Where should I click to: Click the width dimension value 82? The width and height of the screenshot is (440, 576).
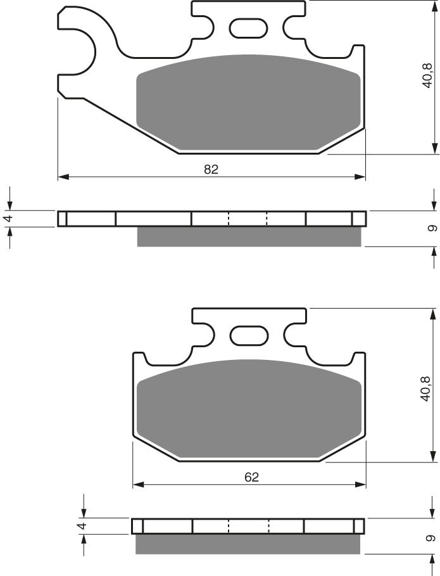tap(211, 169)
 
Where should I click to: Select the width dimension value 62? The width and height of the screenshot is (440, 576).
tap(251, 477)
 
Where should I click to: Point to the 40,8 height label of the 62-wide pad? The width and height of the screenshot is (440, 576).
tap(426, 387)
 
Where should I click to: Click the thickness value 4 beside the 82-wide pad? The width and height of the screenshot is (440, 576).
tap(8, 218)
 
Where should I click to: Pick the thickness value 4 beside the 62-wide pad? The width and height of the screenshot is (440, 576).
tap(81, 525)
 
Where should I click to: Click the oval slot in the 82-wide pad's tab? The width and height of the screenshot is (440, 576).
tap(248, 28)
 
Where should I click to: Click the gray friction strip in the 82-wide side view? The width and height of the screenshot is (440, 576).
tap(249, 236)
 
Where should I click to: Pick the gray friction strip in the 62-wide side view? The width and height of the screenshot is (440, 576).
tap(248, 543)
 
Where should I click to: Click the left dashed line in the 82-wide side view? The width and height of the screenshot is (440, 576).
tap(229, 219)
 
